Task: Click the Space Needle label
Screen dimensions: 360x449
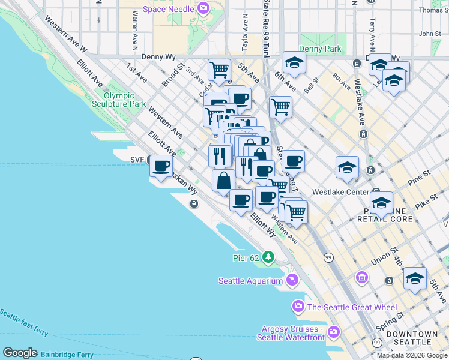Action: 168,10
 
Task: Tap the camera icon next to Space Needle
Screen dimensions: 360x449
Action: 203,9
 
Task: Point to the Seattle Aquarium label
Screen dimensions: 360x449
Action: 250,281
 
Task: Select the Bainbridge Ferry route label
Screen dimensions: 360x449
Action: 67,355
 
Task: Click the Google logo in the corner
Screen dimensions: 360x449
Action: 20,353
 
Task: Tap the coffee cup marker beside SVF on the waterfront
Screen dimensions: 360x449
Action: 161,166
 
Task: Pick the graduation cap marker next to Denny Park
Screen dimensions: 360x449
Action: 294,62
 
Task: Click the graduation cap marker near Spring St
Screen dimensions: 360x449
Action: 415,278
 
